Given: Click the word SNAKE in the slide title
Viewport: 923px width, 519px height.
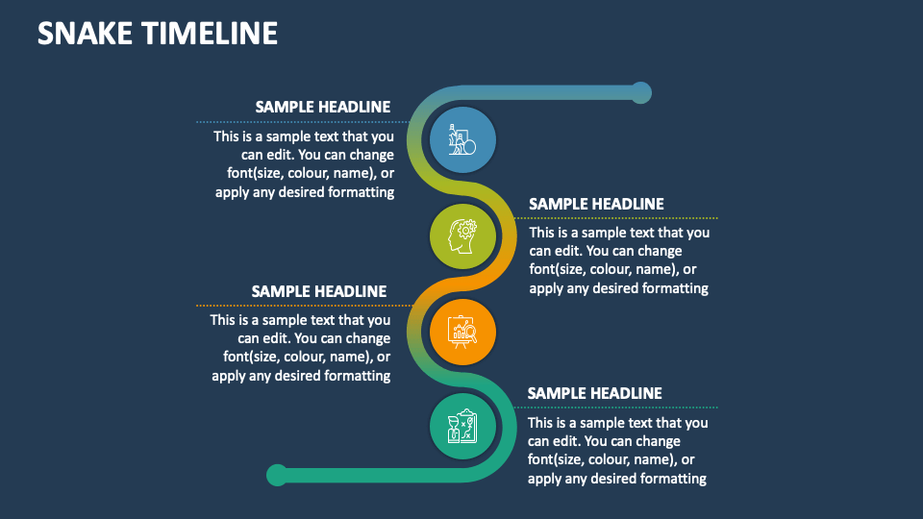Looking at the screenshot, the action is pos(86,34).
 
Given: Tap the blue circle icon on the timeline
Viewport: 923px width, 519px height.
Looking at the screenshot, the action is pos(462,140).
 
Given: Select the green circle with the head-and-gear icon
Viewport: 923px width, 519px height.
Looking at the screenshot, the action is pos(463,235).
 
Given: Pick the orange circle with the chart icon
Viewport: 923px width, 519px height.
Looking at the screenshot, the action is pos(463,333).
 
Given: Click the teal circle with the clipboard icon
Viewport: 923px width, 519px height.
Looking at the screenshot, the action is pos(462,425).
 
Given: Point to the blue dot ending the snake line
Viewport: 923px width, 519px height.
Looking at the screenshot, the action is pos(640,92).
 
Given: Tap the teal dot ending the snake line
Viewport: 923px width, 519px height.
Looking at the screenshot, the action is pos(277,474).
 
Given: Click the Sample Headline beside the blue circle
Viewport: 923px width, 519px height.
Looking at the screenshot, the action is pos(322,107).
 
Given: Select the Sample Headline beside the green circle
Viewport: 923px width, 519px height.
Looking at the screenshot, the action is pos(596,204).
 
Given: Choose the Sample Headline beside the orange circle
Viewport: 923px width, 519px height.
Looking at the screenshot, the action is pos(319,291).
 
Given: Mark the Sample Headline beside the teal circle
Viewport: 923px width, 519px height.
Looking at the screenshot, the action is pos(595,393).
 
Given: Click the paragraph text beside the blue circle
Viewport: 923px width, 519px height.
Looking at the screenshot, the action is pos(304,164).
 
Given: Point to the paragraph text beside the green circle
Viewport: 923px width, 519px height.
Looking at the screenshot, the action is pos(619,260).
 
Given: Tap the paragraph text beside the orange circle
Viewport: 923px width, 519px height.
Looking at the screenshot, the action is pos(301,348).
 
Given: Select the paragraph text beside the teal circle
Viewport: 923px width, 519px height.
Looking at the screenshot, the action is pos(618,451).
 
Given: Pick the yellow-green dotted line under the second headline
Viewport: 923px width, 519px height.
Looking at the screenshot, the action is pos(615,218).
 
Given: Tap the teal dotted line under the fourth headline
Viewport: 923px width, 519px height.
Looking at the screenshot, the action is pos(615,408).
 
